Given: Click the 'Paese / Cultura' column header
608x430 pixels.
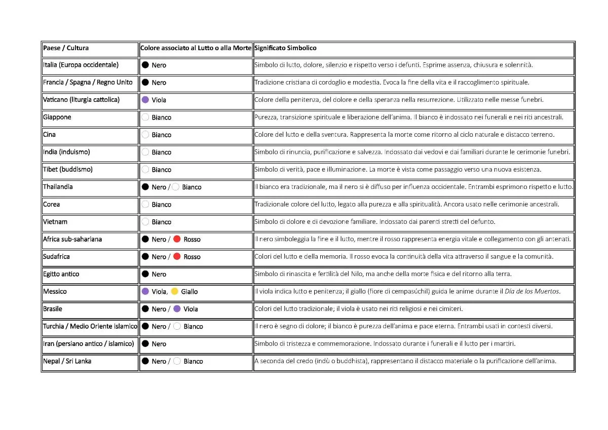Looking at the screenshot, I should pos(66,48).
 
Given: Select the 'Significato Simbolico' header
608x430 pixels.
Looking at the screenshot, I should pos(285,48).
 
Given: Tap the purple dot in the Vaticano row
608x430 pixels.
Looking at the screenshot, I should pos(145,100).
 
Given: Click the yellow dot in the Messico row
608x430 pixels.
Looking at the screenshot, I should pos(174,291).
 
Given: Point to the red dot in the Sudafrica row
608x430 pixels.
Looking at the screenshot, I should pos(177,257).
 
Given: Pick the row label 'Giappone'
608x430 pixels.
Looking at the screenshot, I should pos(57,117).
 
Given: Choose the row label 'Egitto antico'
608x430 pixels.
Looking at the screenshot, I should pos(61,274).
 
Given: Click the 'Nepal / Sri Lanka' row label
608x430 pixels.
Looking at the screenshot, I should pos(67,361).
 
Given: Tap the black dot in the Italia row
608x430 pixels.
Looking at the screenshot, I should pos(145,65).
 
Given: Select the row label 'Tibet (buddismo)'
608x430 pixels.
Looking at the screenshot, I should pos(68,169).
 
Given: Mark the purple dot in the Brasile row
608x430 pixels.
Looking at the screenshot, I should pos(177,309).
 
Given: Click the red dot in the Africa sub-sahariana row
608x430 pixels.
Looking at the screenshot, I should pos(177,239).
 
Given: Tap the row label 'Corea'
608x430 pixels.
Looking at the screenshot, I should pos(52,204).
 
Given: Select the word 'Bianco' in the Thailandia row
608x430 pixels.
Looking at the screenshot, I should pos(192,187).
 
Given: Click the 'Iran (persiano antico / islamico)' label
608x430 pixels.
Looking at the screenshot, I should pos(89,343).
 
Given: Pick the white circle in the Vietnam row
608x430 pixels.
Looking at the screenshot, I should pos(145,222).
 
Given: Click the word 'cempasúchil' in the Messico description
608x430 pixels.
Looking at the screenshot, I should pos(412,291).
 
